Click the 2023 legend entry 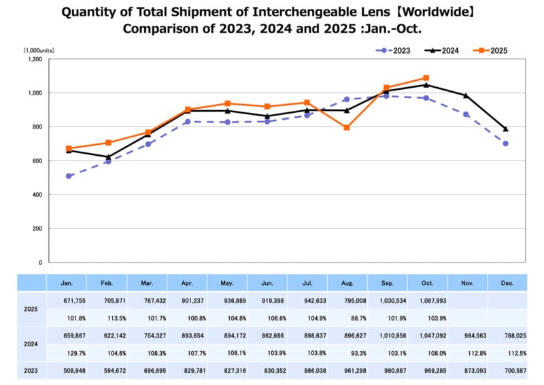click(396, 50)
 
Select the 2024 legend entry click(441, 50)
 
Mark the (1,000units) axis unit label click(39, 50)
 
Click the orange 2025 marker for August click(347, 128)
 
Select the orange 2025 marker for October click(426, 78)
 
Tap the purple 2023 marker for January click(69, 176)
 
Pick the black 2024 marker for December click(505, 129)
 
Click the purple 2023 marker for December click(505, 144)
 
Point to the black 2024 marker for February click(108, 157)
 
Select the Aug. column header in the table click(347, 283)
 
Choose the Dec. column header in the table click(506, 283)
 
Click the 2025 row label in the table click(31, 309)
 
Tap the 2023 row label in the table click(31, 370)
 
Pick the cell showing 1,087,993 click(426, 301)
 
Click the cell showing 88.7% click(347, 318)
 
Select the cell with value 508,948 click(69, 370)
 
